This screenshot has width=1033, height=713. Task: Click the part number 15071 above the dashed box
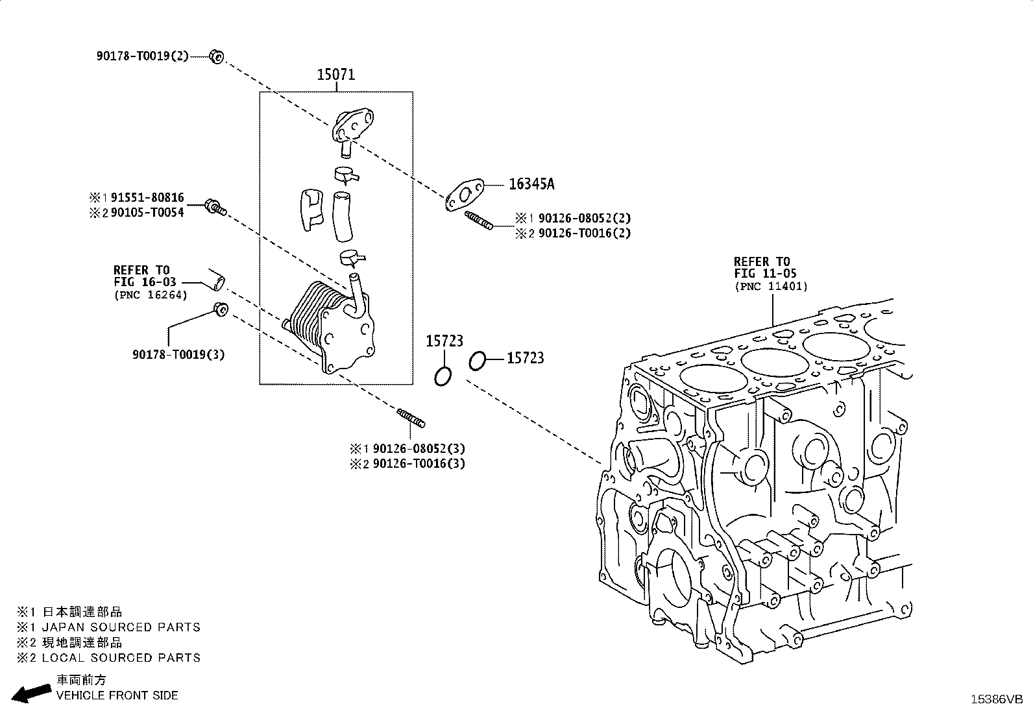coord(335,74)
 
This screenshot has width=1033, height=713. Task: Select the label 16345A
coord(531,184)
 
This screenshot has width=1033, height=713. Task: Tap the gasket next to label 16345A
coord(465,195)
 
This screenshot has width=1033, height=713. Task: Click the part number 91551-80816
coord(147,197)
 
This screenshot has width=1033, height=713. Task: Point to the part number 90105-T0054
coord(147,212)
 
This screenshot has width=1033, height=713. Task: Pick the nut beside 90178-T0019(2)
coord(217,56)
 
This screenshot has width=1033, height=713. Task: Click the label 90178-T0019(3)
coord(178,354)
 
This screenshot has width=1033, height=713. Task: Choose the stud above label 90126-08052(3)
coord(411,418)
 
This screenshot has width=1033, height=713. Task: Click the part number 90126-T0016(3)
coord(419,463)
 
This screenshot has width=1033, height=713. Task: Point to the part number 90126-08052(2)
coord(584,218)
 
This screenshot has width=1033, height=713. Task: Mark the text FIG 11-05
coord(766,273)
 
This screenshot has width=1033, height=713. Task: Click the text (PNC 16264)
coord(151,295)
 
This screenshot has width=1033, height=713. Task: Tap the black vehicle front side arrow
coord(31,693)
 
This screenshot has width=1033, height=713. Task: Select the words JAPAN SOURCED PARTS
coord(121,627)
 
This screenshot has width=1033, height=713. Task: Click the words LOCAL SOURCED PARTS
coord(121,658)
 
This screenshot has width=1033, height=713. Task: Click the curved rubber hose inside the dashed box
coord(342,217)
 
